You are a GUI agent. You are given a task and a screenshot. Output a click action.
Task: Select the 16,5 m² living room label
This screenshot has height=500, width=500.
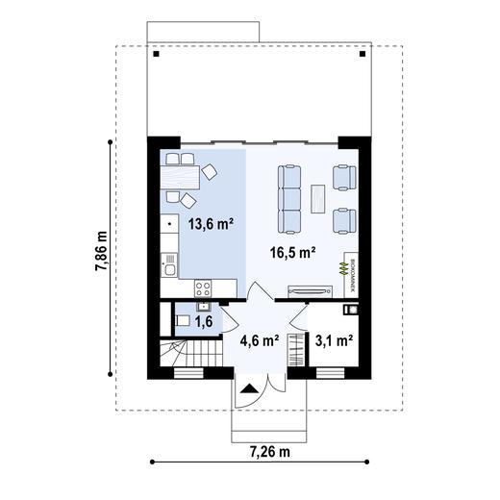click(295, 253)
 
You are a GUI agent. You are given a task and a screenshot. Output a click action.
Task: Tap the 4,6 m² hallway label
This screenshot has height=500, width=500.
click(258, 339)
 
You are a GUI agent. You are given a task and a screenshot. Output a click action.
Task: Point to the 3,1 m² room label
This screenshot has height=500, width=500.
click(334, 339)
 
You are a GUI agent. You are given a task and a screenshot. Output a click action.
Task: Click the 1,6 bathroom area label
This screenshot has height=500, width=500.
click(204, 323)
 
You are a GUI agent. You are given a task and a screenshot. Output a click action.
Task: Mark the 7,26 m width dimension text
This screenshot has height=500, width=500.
click(270, 450)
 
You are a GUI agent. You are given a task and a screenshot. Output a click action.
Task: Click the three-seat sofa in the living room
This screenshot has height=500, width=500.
click(289, 199)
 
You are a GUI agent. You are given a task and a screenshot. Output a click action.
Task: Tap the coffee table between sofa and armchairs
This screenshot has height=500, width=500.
click(318, 197)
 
